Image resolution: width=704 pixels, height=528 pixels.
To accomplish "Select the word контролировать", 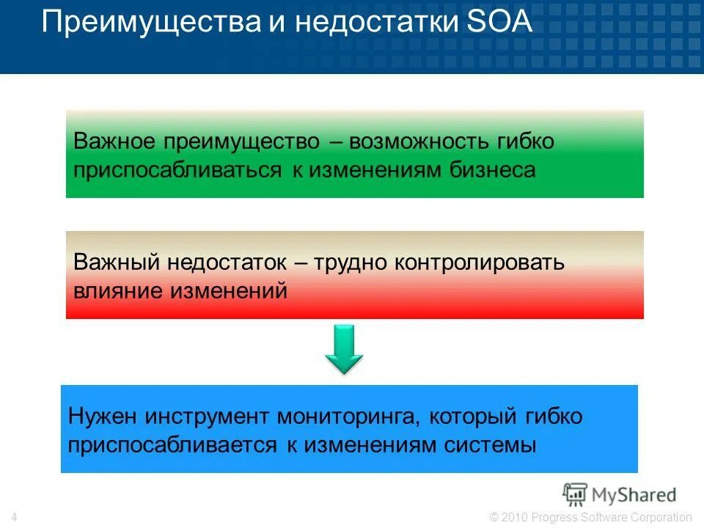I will [480, 262].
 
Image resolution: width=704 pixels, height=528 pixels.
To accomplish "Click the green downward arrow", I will [344, 351].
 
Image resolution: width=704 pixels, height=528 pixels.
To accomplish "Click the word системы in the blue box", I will [489, 445].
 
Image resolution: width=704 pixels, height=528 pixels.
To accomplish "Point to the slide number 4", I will [15, 518].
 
